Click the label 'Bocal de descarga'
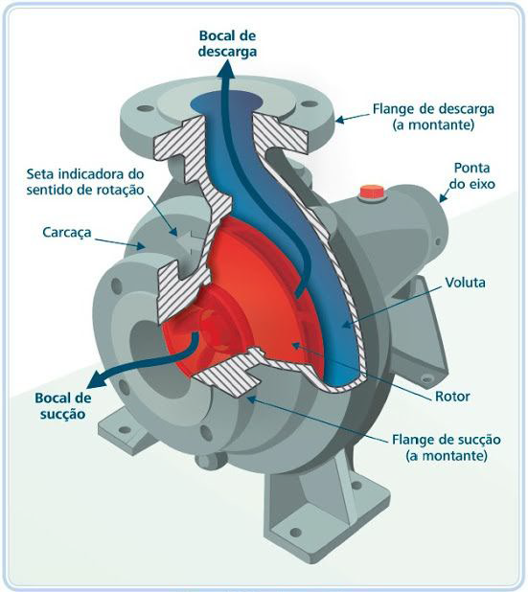(227, 44)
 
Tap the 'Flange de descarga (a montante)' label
(433, 117)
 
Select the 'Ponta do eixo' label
(471, 175)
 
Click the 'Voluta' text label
(465, 282)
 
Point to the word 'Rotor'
(452, 396)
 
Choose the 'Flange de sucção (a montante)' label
(446, 447)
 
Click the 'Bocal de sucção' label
(62, 406)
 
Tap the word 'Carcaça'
(67, 232)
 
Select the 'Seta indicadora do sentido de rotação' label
(85, 182)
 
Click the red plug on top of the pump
(372, 192)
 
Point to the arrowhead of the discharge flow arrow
(226, 70)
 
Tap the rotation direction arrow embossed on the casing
(191, 241)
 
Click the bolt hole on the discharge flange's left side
(145, 109)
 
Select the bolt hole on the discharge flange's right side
(310, 103)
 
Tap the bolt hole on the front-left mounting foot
(125, 430)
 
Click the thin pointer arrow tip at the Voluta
(343, 326)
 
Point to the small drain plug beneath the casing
(204, 461)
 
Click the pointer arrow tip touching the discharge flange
(336, 121)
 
